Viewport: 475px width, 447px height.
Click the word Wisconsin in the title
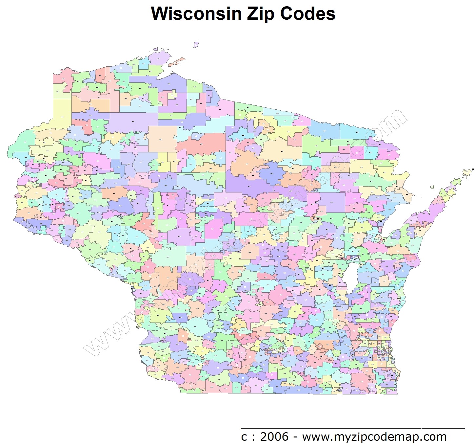click(x=192, y=14)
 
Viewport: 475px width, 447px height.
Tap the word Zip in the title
click(x=255, y=14)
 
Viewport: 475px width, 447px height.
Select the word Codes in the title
click(x=307, y=14)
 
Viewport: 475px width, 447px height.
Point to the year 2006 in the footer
click(x=274, y=436)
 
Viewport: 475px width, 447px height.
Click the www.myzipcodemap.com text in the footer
click(x=374, y=437)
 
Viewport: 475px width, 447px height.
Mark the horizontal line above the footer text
click(x=353, y=428)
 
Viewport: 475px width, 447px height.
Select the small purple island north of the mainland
click(x=196, y=44)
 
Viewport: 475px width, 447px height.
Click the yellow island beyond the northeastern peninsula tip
click(x=468, y=172)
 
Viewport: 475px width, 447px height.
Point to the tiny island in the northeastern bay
click(x=432, y=187)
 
